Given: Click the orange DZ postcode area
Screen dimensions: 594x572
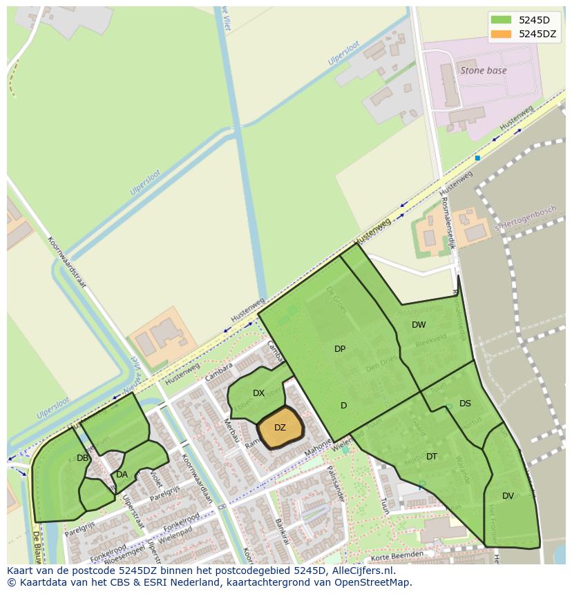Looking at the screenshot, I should [x=280, y=428].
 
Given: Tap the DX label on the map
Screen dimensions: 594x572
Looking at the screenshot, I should [x=258, y=393].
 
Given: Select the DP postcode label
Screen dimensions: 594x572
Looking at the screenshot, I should [x=340, y=349].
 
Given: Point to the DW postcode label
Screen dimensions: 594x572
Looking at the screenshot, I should [x=419, y=325].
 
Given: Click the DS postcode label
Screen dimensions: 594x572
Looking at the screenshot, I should [x=465, y=404].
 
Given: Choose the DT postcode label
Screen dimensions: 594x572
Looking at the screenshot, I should [x=432, y=457].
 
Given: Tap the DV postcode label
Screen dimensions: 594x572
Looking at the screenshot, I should [x=508, y=496].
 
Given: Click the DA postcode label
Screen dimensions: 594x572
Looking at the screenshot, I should [x=122, y=475].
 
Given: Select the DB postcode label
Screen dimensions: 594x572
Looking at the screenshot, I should [x=82, y=458].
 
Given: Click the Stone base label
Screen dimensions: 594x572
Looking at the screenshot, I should [x=484, y=70].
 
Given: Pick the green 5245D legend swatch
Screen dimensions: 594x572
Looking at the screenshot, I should [x=501, y=20].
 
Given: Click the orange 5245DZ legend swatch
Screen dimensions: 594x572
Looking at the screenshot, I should [x=501, y=34].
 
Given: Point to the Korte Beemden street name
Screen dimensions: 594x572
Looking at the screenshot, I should [x=397, y=555].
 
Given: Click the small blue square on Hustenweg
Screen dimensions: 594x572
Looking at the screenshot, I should [x=477, y=158].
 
